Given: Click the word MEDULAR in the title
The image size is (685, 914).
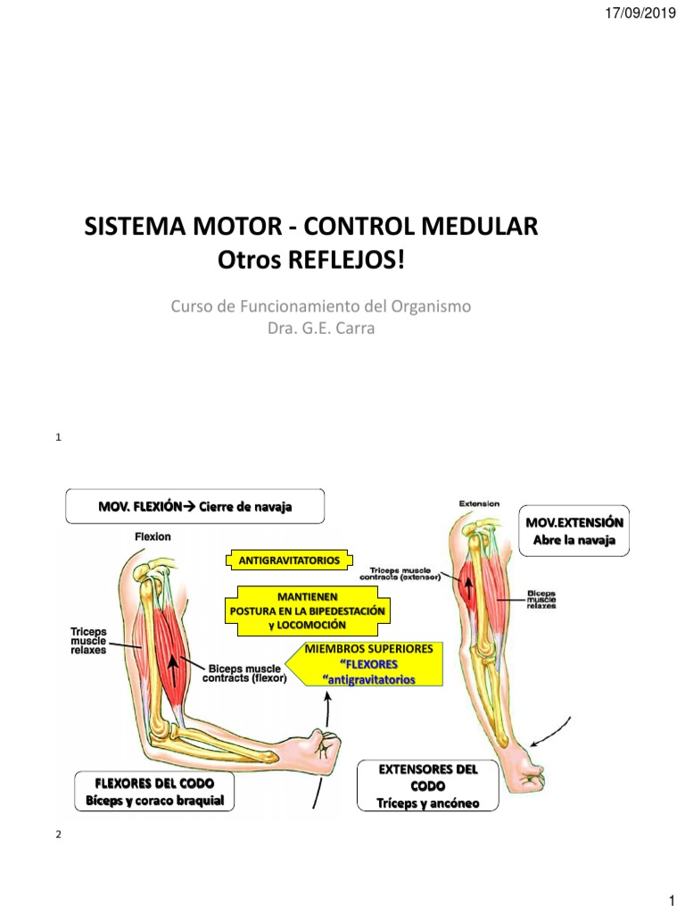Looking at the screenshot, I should pyautogui.click(x=483, y=227).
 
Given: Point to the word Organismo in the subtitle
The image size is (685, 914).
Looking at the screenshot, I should pyautogui.click(x=429, y=306).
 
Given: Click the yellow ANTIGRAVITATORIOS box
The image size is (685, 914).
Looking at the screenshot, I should pyautogui.click(x=289, y=561).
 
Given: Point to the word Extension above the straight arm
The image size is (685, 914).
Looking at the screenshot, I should pyautogui.click(x=479, y=503).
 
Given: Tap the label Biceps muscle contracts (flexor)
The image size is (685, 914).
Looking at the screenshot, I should pyautogui.click(x=246, y=672).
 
